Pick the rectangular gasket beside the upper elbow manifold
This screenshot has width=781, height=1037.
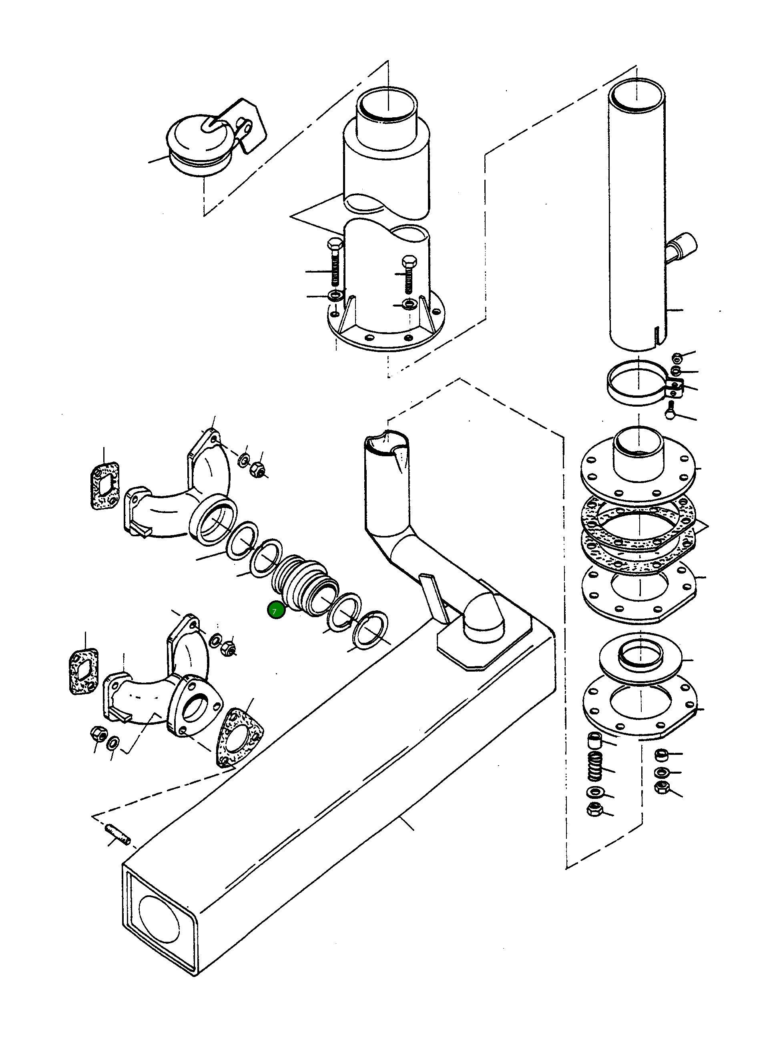pyautogui.click(x=104, y=486)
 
